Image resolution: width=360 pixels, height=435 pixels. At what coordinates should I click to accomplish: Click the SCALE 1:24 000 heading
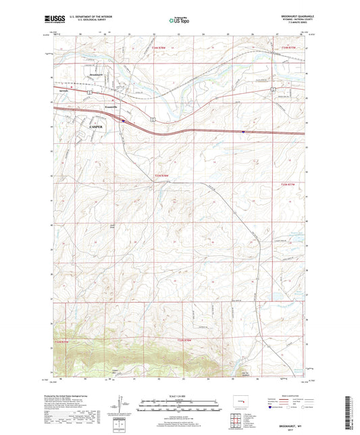pos(179,395)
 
